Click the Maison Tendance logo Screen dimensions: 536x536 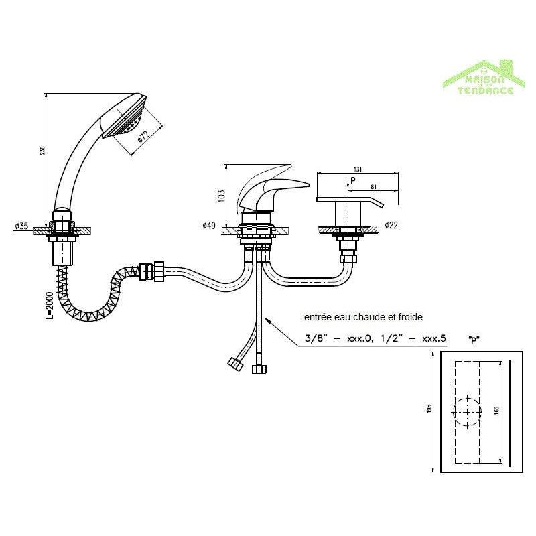[480, 78]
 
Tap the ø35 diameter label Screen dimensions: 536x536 [21, 226]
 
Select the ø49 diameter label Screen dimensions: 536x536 [209, 226]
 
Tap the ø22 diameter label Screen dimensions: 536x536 [393, 226]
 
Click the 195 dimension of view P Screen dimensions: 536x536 [429, 407]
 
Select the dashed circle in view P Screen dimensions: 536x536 [467, 410]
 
